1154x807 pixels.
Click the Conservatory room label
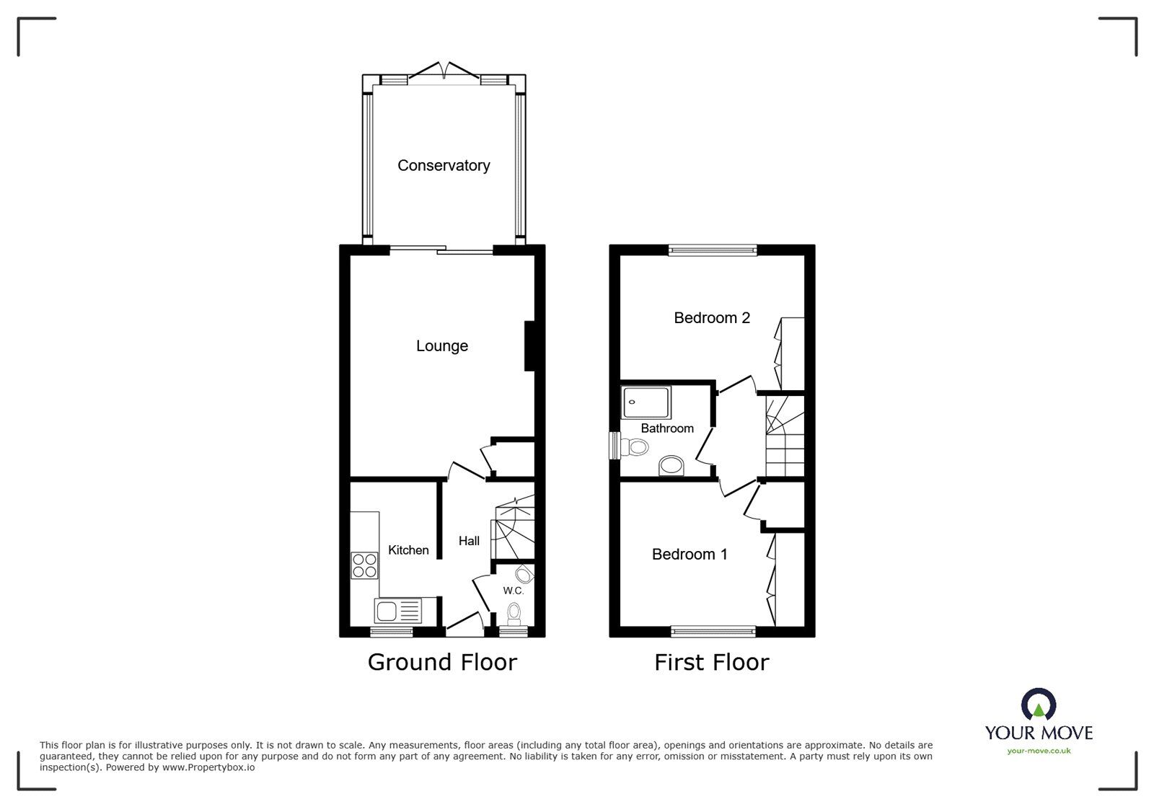point(444,166)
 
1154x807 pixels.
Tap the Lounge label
point(442,346)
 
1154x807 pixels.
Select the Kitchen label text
point(408,550)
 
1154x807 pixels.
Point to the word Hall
point(469,541)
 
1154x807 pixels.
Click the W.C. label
point(513,591)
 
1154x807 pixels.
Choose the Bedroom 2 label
point(712,318)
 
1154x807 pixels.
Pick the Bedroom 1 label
point(690,554)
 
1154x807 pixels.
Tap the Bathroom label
point(667,428)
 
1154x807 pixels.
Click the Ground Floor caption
point(442,662)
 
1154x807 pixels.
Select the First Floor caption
point(712,662)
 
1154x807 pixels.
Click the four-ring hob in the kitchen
point(364,565)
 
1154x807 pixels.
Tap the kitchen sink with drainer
point(397,612)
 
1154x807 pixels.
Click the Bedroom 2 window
point(713,250)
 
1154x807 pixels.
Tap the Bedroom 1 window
point(713,632)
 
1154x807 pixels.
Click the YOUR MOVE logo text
point(1039,733)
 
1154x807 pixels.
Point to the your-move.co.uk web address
point(1039,751)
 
